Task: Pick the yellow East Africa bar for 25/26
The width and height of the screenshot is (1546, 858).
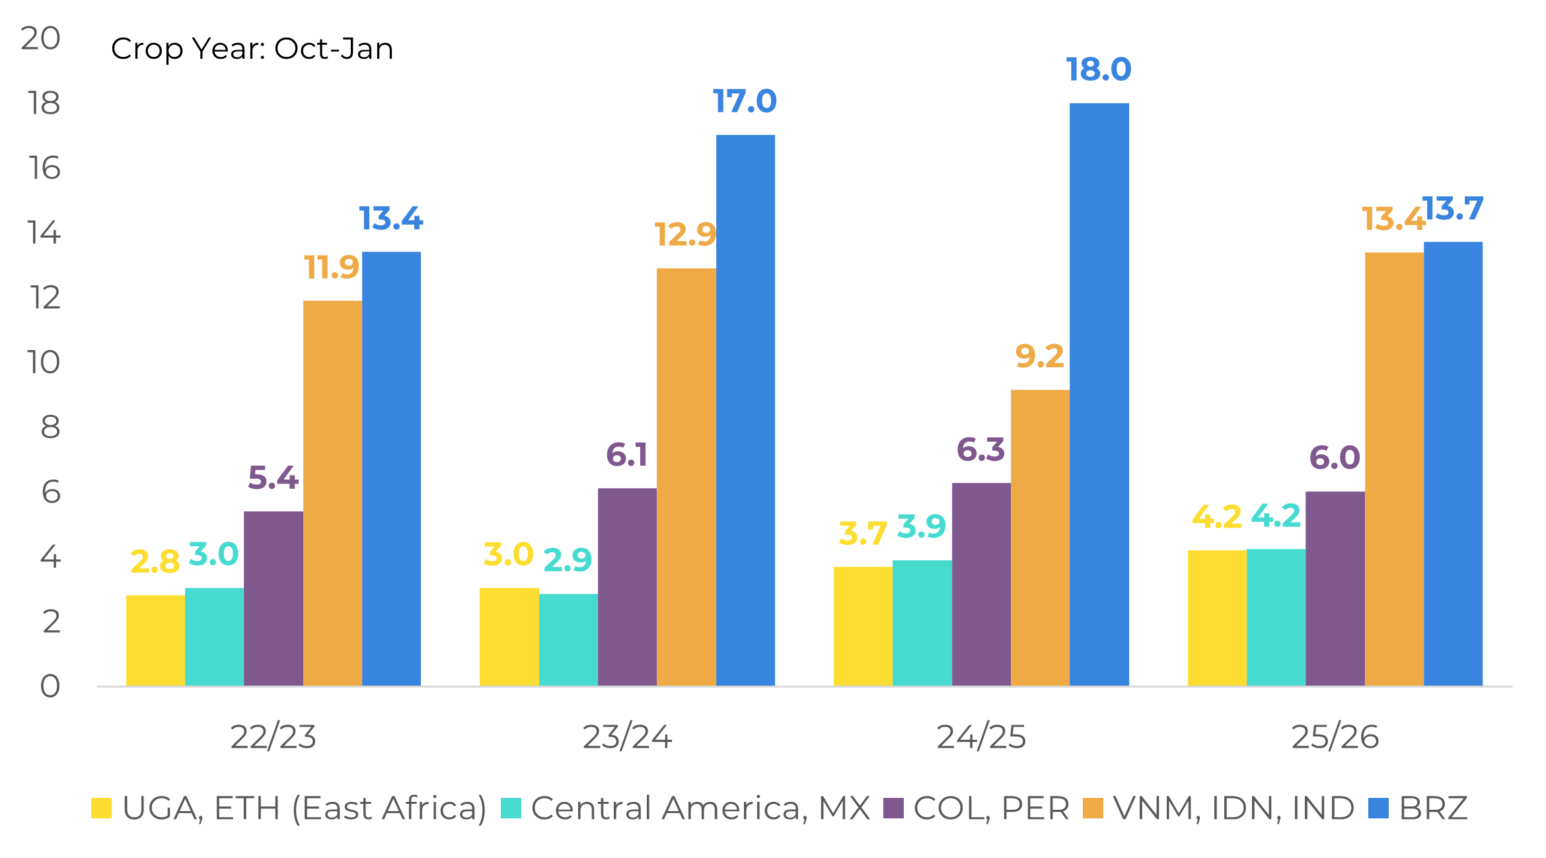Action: point(1217,618)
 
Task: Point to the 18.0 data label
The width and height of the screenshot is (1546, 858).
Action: point(1099,69)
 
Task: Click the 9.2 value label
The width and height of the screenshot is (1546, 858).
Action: point(1039,357)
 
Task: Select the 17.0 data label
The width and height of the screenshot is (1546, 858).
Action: point(745,101)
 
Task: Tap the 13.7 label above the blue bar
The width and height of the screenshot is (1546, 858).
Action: point(1453,209)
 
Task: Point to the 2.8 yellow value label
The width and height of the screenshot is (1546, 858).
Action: point(155,562)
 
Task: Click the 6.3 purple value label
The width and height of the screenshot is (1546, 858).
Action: point(980,450)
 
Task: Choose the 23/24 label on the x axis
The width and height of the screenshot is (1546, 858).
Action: point(627,737)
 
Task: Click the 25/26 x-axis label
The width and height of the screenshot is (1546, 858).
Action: point(1335,737)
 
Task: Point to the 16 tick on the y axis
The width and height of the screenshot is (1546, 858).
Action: point(44,168)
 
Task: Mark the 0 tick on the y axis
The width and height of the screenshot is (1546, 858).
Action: point(50,686)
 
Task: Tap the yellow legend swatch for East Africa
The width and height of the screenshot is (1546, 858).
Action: point(101,808)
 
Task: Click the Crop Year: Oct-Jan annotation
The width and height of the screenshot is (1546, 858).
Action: point(252,49)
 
